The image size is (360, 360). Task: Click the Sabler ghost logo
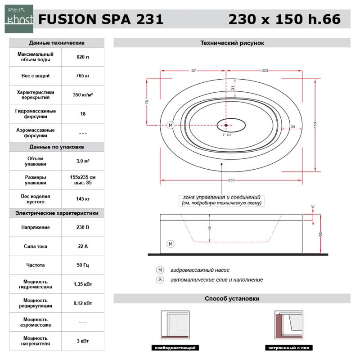coord(19,19)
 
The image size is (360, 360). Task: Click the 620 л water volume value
coord(83,57)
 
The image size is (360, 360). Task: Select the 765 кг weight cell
coord(83,76)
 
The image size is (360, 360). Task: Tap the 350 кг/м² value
coord(83,94)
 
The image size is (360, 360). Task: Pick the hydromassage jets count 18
coord(83,114)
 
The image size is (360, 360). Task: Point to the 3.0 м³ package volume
coord(83,161)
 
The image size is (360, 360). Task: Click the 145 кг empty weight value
coord(83,199)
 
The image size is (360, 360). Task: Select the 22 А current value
coord(83,246)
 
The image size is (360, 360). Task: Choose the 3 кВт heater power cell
coord(83,341)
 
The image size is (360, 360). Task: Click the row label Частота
coord(36,265)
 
